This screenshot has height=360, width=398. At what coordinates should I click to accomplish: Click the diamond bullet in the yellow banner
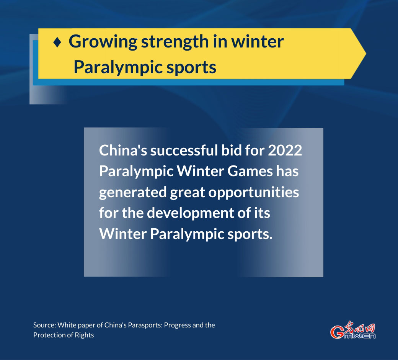click(x=57, y=42)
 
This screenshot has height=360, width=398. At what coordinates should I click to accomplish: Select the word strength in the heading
click(x=175, y=42)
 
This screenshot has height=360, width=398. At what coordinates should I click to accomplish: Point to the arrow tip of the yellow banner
click(x=366, y=54)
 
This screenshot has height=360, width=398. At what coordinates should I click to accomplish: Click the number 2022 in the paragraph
click(x=285, y=150)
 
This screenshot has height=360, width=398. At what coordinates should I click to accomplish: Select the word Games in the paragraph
click(x=250, y=171)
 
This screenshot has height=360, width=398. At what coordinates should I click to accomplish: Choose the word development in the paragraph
click(x=190, y=213)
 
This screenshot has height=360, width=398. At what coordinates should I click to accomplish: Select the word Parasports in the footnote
click(x=146, y=326)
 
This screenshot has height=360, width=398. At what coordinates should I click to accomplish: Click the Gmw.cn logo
click(x=353, y=330)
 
